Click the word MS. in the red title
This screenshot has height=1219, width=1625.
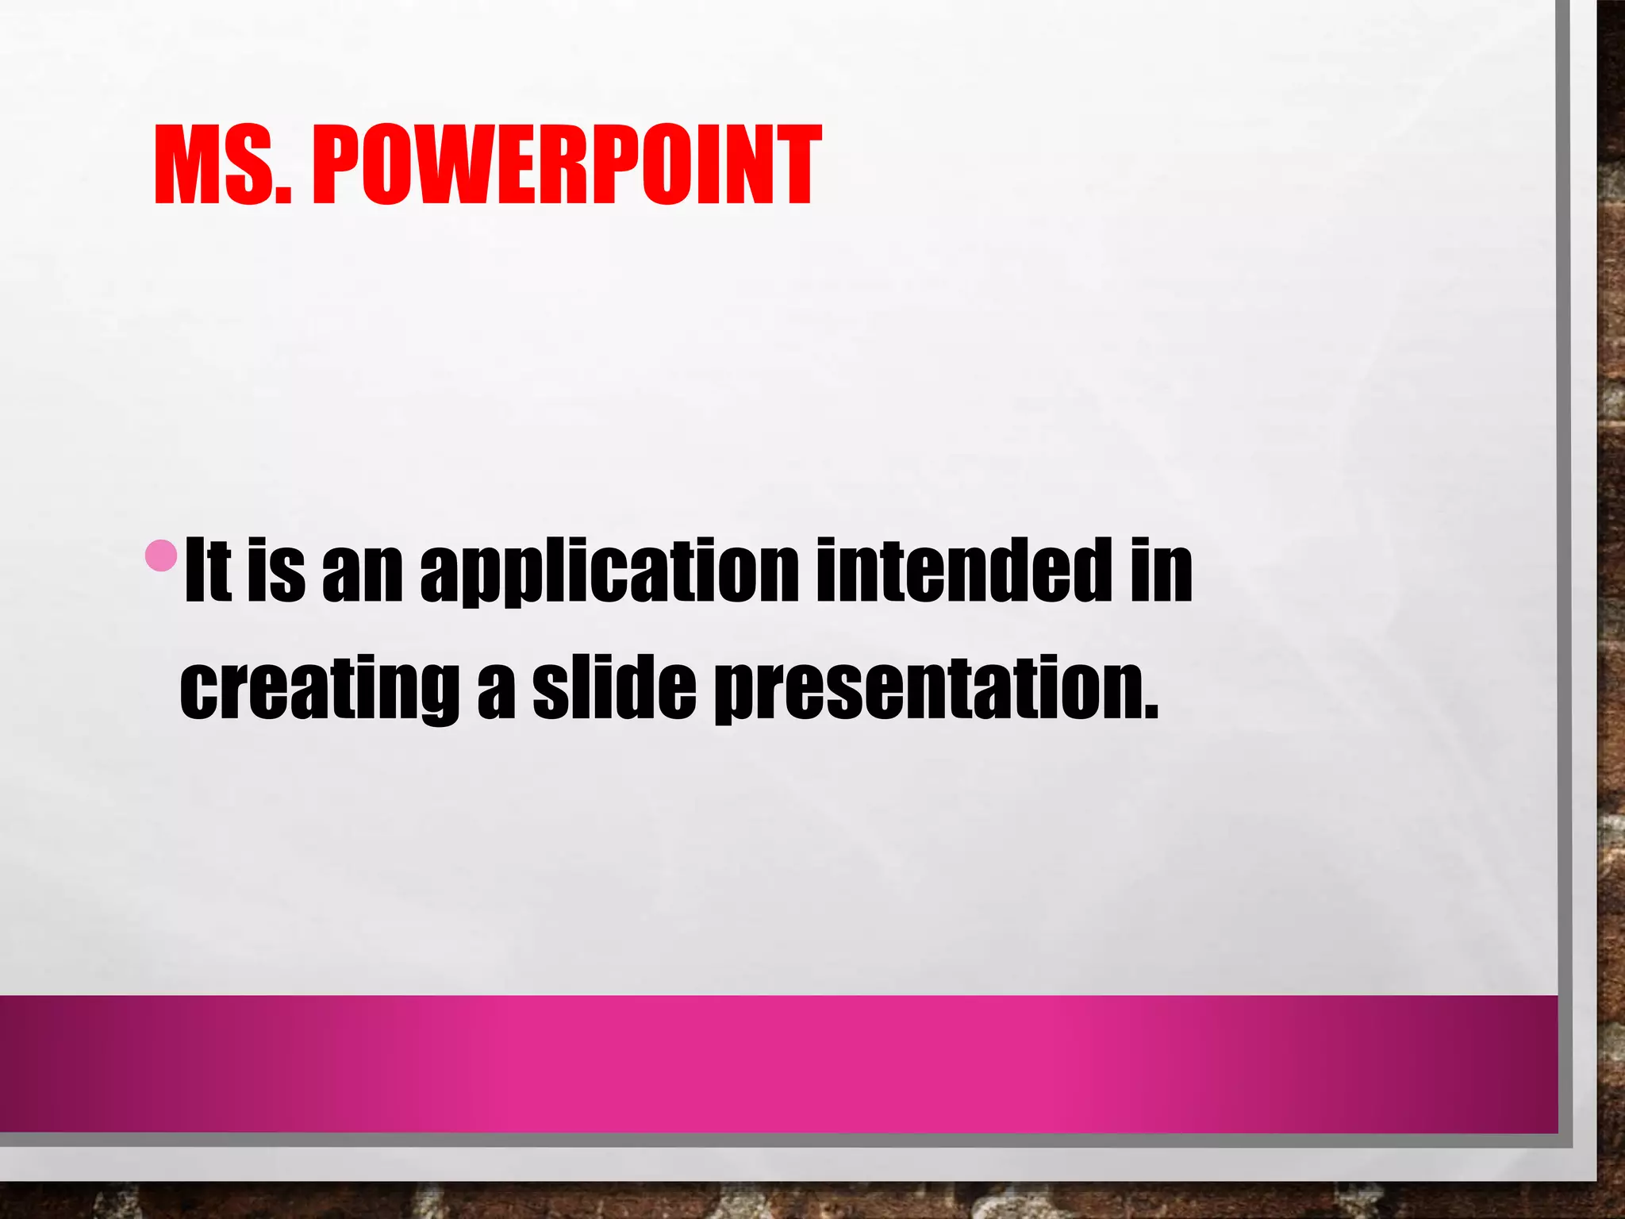[x=223, y=165]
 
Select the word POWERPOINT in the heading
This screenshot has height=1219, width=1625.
[x=567, y=165]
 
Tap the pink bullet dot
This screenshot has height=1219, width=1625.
[x=162, y=556]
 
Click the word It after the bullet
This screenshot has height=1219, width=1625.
[x=208, y=569]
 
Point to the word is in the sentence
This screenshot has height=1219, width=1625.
[x=276, y=569]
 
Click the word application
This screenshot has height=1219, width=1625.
[x=609, y=571]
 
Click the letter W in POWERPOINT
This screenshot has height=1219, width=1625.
[x=462, y=165]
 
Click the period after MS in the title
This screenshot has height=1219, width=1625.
[x=285, y=194]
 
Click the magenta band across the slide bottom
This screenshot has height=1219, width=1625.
[x=778, y=1063]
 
